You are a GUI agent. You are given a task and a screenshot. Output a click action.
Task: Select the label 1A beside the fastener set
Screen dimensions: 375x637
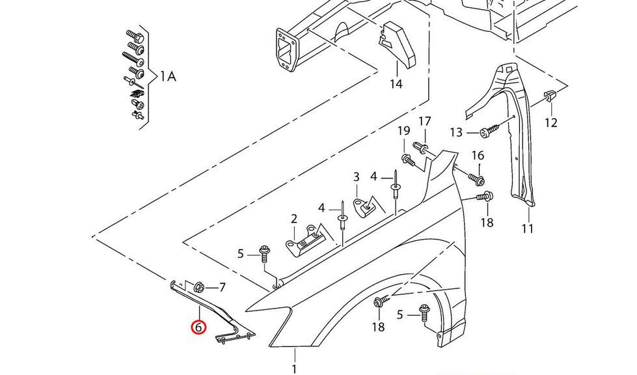(x=168, y=77)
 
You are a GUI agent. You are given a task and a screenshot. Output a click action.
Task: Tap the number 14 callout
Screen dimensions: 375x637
(x=396, y=84)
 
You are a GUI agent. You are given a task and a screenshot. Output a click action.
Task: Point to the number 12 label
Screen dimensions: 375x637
(x=551, y=122)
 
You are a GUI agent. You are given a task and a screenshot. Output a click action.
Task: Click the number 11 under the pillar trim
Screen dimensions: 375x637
(x=527, y=229)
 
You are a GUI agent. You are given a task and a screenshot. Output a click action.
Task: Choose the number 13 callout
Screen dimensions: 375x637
(x=455, y=133)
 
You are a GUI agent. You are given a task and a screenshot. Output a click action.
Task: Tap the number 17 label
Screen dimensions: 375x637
(x=424, y=121)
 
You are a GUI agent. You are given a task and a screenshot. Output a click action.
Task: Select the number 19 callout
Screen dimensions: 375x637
(x=403, y=132)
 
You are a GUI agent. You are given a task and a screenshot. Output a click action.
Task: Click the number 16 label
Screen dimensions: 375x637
(x=478, y=156)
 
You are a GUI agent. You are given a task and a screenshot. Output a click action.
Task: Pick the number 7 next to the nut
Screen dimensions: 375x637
(x=222, y=287)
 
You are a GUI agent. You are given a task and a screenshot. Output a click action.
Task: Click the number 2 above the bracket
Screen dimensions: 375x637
(x=294, y=219)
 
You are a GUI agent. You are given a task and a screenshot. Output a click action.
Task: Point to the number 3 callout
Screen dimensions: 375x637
(x=356, y=176)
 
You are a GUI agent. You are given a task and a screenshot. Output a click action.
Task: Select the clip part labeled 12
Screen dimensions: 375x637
(x=549, y=98)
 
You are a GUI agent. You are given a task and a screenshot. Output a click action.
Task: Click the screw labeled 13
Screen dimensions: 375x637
(x=489, y=132)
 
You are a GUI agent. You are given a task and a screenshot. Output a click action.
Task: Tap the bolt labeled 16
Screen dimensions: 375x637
(x=475, y=177)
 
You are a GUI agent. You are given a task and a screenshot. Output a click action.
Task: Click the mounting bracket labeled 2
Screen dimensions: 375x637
(x=305, y=240)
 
